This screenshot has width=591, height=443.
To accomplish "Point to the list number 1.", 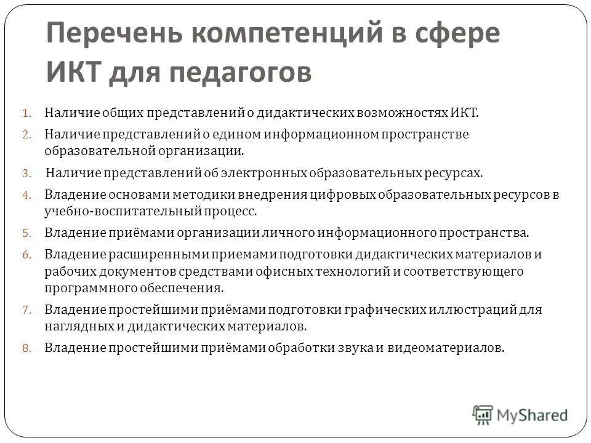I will pyautogui.click(x=26, y=113).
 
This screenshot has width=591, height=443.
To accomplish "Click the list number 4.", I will pyautogui.click(x=26, y=195).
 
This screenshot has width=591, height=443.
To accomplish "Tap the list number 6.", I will pyautogui.click(x=26, y=254).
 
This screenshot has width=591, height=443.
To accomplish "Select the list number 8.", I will pyautogui.click(x=26, y=348).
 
